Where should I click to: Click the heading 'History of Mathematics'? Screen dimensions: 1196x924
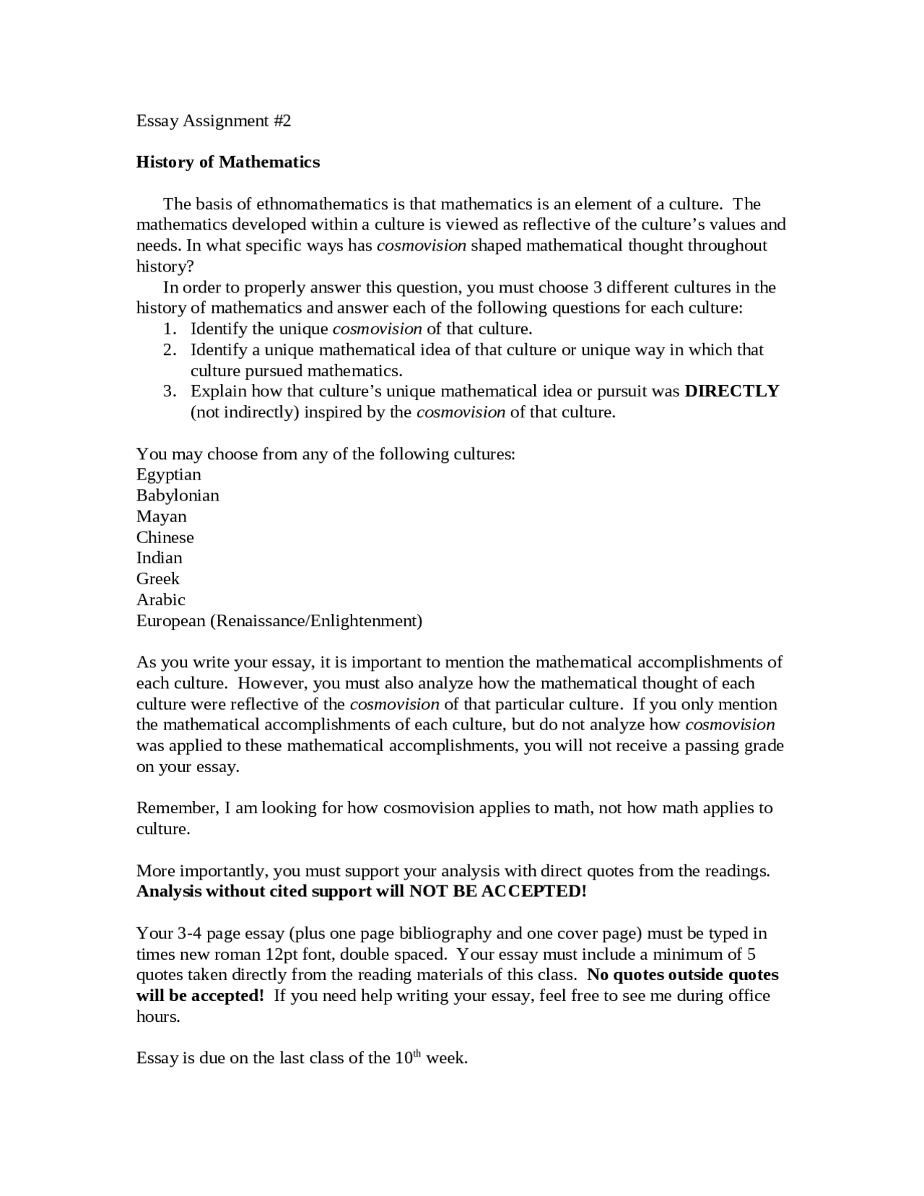227,162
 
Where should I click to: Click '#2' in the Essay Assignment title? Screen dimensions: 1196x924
282,121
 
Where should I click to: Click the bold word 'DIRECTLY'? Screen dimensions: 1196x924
731,391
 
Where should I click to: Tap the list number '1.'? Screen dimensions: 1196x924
170,329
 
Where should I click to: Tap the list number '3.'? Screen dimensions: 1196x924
170,391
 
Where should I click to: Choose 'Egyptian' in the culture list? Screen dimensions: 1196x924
168,475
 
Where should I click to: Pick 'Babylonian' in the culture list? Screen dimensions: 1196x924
178,495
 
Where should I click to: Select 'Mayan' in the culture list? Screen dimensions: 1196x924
161,516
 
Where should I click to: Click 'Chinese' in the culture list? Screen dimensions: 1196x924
165,537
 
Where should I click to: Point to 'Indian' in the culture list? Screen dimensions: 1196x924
159,558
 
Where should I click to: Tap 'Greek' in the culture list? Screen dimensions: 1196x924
157,578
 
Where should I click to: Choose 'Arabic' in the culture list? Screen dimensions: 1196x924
160,599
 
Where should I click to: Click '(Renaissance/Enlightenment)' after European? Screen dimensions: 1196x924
315,620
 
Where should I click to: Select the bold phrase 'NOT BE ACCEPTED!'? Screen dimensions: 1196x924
497,891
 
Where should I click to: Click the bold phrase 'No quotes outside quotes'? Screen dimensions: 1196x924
682,975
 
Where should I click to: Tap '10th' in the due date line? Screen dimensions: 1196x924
407,1058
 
